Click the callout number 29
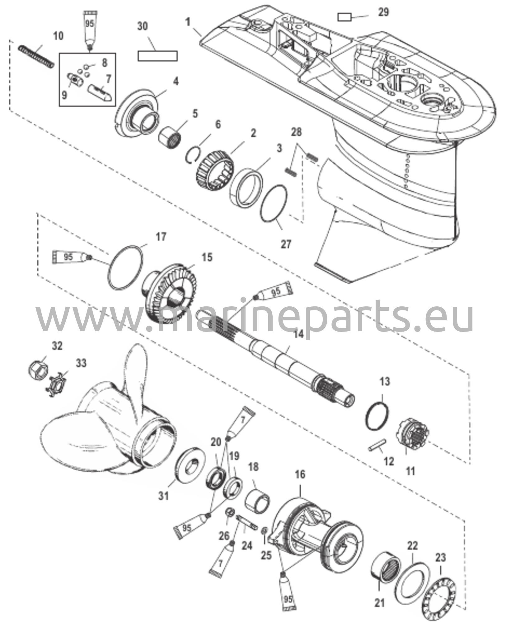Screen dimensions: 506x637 [x=383, y=12]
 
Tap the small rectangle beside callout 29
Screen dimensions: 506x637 [x=345, y=17]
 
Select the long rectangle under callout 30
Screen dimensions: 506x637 [x=157, y=56]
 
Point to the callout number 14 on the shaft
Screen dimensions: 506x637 [x=298, y=335]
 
